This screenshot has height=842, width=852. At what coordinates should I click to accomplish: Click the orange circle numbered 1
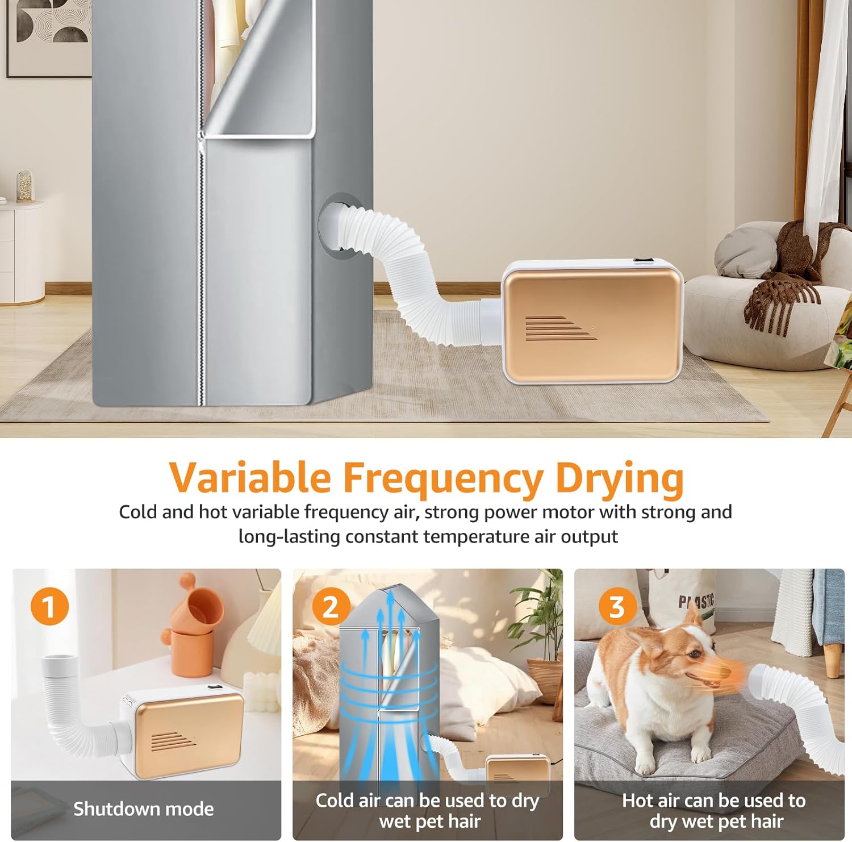49,606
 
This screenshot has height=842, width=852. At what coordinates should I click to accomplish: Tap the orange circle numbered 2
331,606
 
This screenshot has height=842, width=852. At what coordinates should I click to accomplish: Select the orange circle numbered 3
617,606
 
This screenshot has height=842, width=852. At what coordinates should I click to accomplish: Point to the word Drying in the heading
620,478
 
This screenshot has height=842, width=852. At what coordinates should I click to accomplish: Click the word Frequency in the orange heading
443,478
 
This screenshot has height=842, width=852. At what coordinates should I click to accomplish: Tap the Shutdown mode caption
144,808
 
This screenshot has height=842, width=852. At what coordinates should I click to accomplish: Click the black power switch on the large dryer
642,262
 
